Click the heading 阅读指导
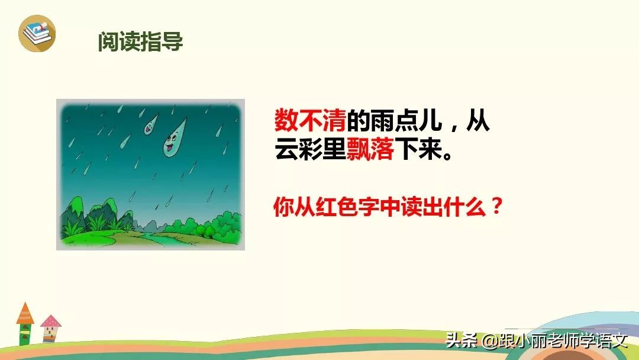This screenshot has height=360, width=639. (x=141, y=41)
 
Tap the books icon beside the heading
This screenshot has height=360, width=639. (x=37, y=33)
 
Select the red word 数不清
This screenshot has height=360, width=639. (x=310, y=121)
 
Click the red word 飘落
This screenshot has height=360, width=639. (x=370, y=150)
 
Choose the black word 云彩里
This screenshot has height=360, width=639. (x=310, y=150)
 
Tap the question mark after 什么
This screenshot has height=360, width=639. (x=497, y=207)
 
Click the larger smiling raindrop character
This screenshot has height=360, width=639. (x=174, y=141)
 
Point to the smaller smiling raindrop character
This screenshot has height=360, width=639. (x=150, y=123)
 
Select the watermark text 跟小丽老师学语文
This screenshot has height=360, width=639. (x=562, y=340)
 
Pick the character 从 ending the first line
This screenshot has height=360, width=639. (x=478, y=121)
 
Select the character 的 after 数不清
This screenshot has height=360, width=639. (x=358, y=121)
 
